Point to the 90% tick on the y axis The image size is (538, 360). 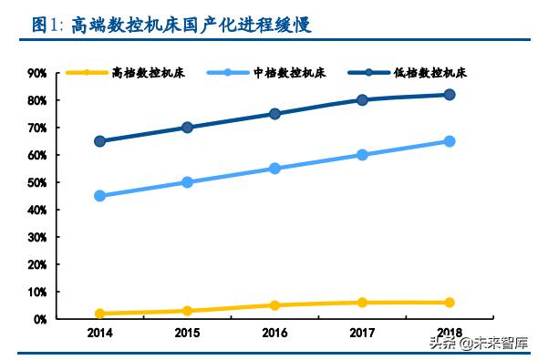click(38, 73)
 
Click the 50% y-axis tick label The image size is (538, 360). click(38, 182)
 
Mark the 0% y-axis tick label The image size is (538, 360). click(41, 320)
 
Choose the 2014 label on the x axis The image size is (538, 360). click(99, 334)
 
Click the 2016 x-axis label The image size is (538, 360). click(274, 334)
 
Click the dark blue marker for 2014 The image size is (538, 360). click(99, 141)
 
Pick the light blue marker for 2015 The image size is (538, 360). click(187, 182)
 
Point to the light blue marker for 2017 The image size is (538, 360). click(362, 155)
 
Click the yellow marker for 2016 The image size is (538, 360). click(274, 305)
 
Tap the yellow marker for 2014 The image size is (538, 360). click(99, 314)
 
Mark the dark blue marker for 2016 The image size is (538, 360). click(274, 114)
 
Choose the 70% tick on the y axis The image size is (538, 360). click(38, 128)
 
